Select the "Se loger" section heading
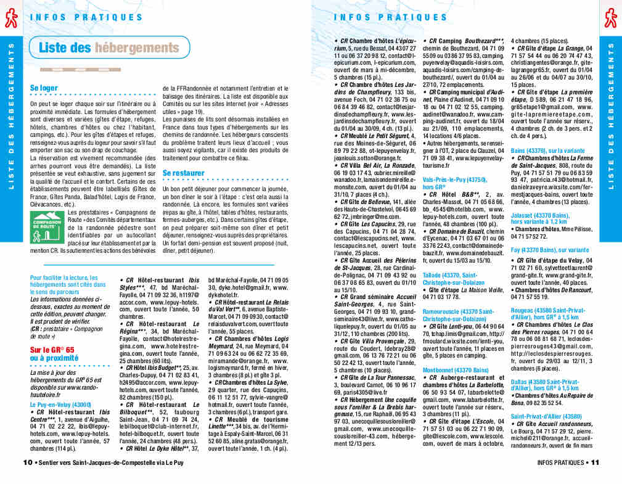tap(44, 88)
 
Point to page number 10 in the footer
tap(27, 462)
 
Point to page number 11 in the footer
tap(595, 462)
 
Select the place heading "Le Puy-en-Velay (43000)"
tap(60, 404)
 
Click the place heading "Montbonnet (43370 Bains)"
tap(456, 370)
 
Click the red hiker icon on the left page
tap(10, 19)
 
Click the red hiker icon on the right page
tap(610, 19)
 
